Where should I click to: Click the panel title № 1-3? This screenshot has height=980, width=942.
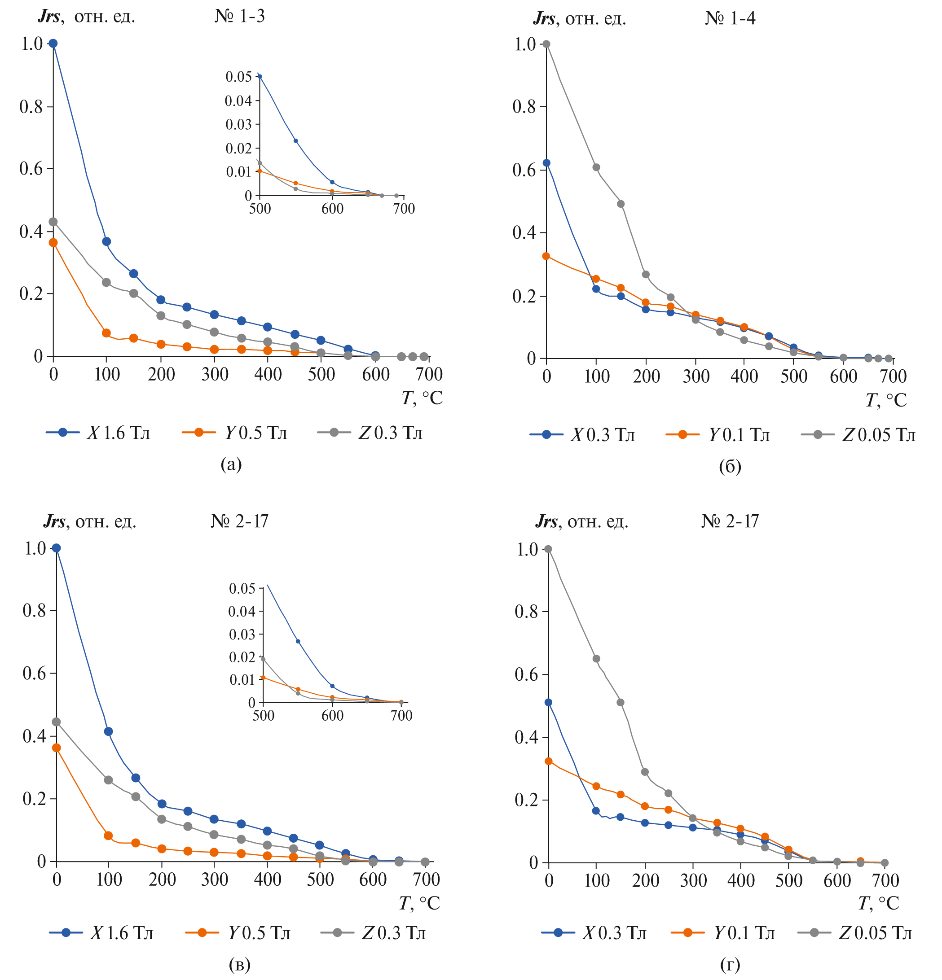pyautogui.click(x=240, y=17)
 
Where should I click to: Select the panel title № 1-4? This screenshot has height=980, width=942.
pyautogui.click(x=730, y=18)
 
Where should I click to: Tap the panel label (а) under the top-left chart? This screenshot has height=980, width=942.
pyautogui.click(x=231, y=464)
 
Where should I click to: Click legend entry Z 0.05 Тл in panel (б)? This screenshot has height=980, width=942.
pyautogui.click(x=878, y=435)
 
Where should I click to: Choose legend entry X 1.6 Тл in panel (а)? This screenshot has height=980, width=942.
pyautogui.click(x=118, y=433)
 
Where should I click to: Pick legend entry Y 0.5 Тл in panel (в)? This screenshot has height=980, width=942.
pyautogui.click(x=259, y=933)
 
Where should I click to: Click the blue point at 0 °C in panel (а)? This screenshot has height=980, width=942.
pyautogui.click(x=53, y=44)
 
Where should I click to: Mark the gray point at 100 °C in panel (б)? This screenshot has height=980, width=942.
pyautogui.click(x=596, y=167)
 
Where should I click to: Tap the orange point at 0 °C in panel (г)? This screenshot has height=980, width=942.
pyautogui.click(x=549, y=761)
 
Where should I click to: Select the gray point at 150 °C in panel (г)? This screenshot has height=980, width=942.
pyautogui.click(x=621, y=703)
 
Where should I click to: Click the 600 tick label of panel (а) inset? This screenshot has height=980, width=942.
pyautogui.click(x=332, y=209)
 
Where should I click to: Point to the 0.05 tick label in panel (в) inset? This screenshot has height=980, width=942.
pyautogui.click(x=242, y=589)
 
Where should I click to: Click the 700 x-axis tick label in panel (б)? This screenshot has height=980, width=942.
pyautogui.click(x=893, y=376)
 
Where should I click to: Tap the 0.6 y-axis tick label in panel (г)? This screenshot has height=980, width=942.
pyautogui.click(x=526, y=674)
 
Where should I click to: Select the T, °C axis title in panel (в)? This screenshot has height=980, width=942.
pyautogui.click(x=419, y=903)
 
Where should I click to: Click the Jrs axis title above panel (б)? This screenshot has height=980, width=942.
pyautogui.click(x=579, y=19)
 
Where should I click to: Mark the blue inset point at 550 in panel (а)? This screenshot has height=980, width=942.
pyautogui.click(x=295, y=141)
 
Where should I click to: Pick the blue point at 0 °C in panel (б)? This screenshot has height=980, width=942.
pyautogui.click(x=547, y=163)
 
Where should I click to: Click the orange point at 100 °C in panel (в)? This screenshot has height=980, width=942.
pyautogui.click(x=109, y=836)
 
